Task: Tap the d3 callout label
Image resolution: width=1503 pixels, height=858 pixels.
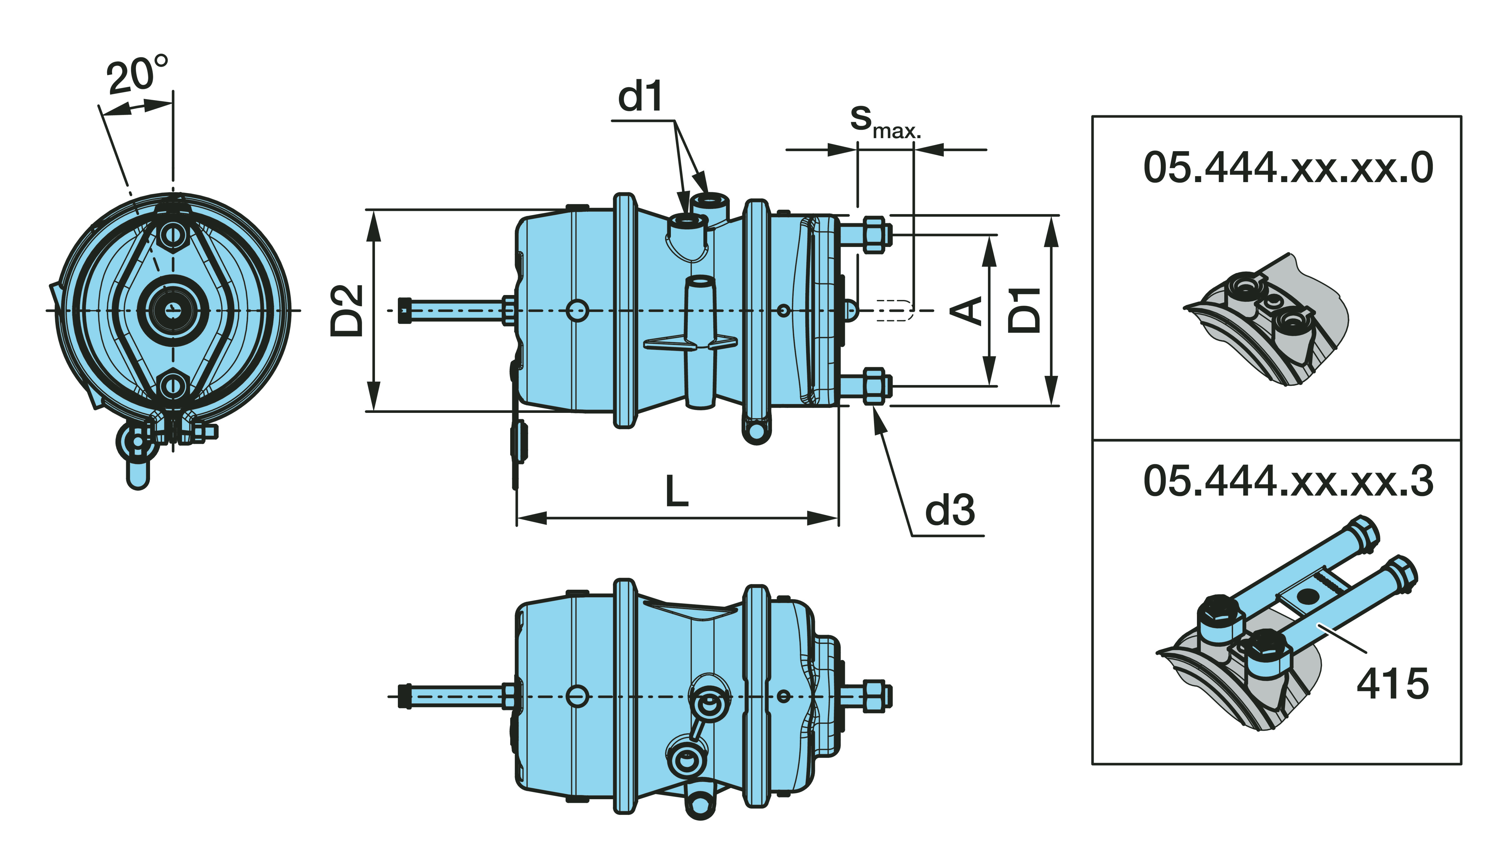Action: (949, 510)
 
